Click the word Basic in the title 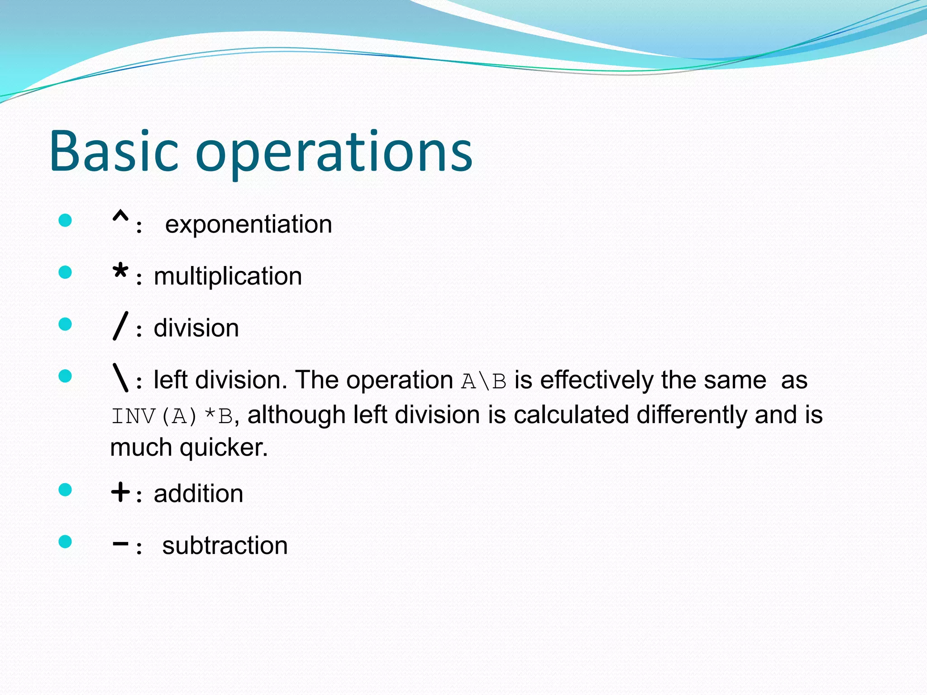click(113, 151)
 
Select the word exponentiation click(248, 225)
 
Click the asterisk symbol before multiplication click(120, 273)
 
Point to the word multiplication click(228, 276)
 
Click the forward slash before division click(120, 326)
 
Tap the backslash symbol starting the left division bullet click(120, 378)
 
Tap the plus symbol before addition click(120, 492)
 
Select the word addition click(198, 494)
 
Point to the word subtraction click(225, 546)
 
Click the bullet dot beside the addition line click(65, 490)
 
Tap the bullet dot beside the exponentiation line click(65, 220)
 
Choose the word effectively click(596, 380)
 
